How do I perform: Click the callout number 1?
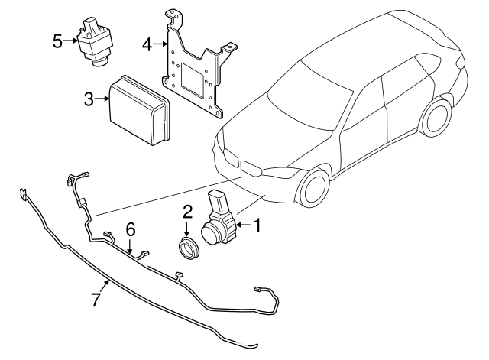257,225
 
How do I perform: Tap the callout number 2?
186,212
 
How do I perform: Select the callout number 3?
89,99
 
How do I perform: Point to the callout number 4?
147,44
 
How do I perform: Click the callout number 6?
130,229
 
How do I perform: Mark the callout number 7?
96,300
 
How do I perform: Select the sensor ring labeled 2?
186,249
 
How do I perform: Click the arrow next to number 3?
102,99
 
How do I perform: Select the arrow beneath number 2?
186,229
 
